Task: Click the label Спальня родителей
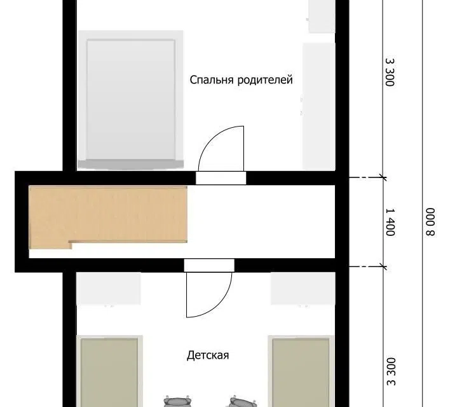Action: point(241,80)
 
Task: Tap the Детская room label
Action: point(208,355)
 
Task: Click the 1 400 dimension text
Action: point(390,222)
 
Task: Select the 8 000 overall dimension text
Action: point(430,222)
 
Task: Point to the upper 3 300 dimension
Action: point(390,72)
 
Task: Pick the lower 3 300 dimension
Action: point(391,371)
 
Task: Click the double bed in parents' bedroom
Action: point(130,100)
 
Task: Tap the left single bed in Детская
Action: point(109,371)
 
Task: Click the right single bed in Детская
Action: point(301,371)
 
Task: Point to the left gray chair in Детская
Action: point(177,401)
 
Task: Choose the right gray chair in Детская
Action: point(243,401)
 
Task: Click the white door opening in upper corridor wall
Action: point(221,178)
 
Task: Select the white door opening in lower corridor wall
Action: point(209,265)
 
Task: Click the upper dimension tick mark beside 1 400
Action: point(383,177)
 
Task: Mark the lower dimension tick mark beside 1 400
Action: point(383,267)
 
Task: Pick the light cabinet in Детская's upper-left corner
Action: point(109,289)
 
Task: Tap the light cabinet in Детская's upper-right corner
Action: point(303,289)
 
